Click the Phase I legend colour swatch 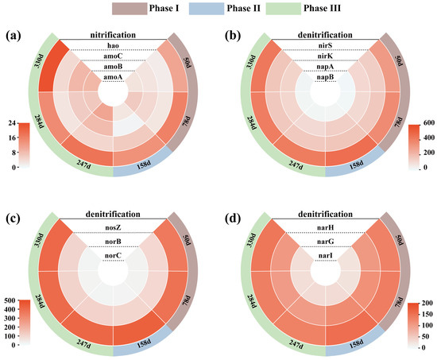(130, 9)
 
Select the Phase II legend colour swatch (207, 9)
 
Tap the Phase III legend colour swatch (284, 9)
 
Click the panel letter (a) (13, 36)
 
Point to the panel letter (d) (233, 219)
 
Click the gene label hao (113, 46)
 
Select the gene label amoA (113, 77)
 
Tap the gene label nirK (325, 56)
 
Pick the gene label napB (325, 77)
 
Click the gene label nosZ (113, 228)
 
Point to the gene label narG (325, 242)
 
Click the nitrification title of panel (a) (113, 35)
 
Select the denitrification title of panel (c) (113, 214)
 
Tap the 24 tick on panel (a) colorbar (11, 123)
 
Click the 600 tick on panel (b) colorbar (428, 123)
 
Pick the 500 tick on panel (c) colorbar (10, 300)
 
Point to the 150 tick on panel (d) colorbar (427, 314)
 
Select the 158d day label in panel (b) (356, 165)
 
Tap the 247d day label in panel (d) (296, 344)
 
